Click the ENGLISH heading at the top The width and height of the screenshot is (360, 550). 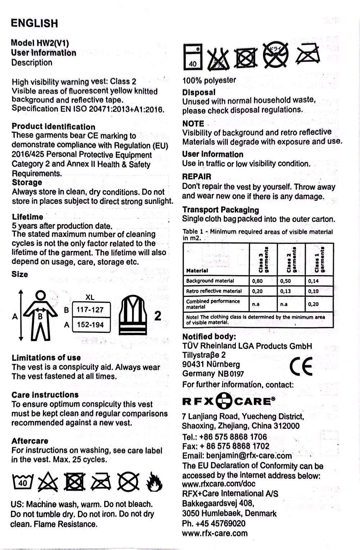[34, 23]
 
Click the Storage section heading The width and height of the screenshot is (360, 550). [27, 182]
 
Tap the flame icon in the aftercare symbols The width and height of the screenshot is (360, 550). [154, 482]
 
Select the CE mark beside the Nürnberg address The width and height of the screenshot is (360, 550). [301, 366]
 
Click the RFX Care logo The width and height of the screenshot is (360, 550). [229, 401]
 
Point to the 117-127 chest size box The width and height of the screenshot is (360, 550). [90, 310]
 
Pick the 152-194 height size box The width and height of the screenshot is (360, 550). [90, 325]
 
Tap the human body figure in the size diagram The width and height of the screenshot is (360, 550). [40, 315]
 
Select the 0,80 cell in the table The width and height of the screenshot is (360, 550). [258, 281]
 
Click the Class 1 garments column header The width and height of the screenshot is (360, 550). [319, 259]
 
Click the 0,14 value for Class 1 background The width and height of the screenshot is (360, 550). [313, 281]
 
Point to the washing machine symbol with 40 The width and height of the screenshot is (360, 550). [193, 57]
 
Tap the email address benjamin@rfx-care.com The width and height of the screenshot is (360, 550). [237, 456]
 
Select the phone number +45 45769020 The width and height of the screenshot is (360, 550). [214, 523]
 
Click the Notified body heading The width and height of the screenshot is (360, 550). [209, 337]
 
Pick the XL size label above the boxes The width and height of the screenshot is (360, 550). [90, 297]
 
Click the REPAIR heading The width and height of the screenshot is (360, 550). [197, 177]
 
